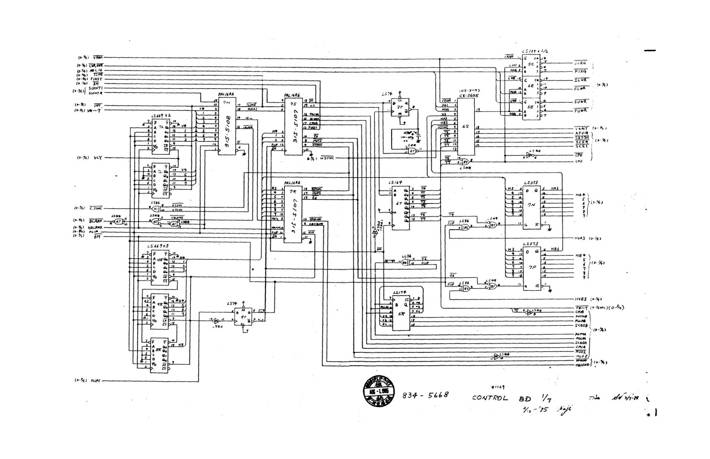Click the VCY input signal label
(98, 158)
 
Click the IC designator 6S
(465, 127)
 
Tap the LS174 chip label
(400, 292)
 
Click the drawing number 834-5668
(426, 394)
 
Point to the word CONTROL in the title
(490, 397)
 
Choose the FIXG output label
(580, 71)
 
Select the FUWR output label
(580, 111)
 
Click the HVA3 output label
(581, 238)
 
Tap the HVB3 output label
(581, 299)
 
